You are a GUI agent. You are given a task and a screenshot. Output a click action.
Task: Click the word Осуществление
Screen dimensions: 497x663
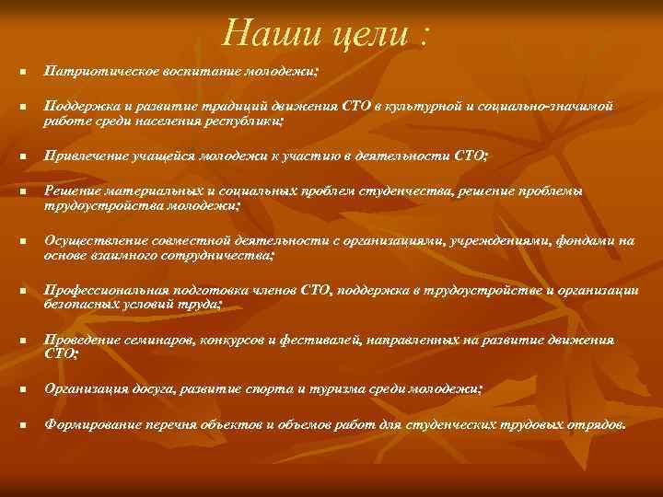coord(90,241)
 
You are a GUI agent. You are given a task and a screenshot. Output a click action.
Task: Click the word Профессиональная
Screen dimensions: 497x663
coord(101,291)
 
